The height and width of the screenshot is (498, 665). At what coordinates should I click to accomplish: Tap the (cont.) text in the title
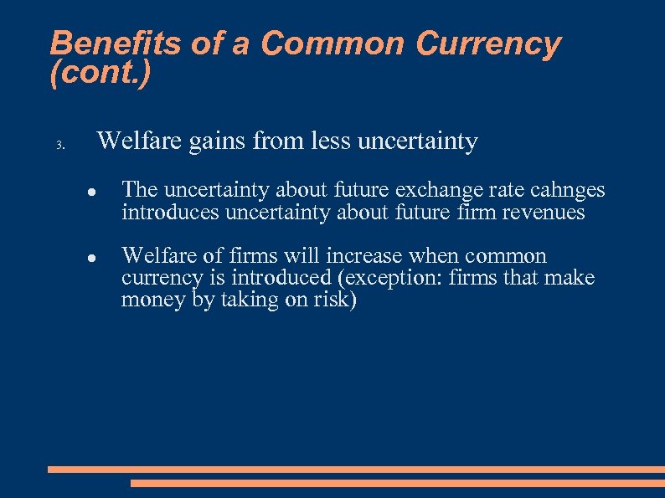[x=101, y=74]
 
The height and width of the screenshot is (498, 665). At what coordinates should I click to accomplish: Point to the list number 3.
[x=59, y=145]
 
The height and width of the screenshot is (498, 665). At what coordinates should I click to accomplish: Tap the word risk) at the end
[x=337, y=300]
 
